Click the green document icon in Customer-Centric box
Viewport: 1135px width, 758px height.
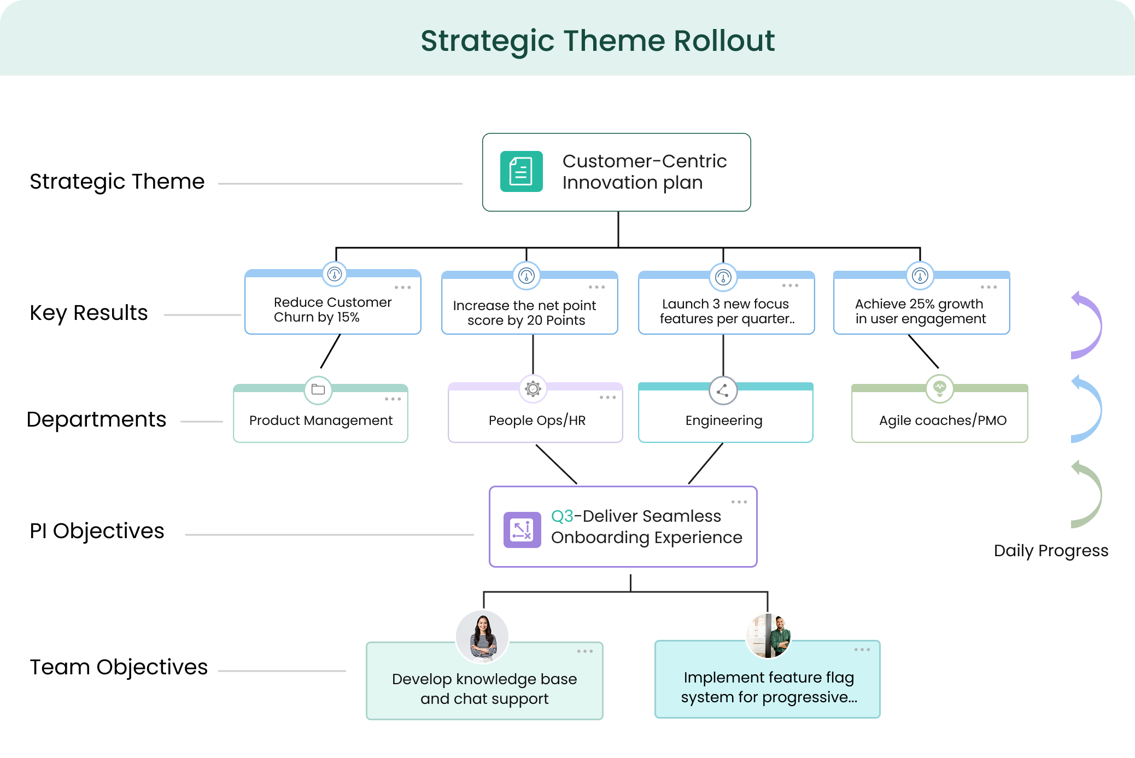coord(521,172)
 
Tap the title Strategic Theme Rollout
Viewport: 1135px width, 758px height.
coord(597,41)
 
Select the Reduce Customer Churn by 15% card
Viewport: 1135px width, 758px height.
coord(332,310)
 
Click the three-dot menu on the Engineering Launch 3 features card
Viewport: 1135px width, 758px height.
coord(790,285)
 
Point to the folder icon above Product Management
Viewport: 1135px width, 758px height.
coord(318,390)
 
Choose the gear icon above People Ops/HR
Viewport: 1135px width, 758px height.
coord(533,389)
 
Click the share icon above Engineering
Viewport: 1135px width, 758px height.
coord(723,390)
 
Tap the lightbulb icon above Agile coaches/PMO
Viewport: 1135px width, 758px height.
coord(939,389)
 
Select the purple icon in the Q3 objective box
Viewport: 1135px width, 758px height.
coord(522,529)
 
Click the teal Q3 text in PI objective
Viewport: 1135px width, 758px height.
coord(562,516)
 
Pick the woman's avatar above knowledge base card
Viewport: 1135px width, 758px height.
coord(482,636)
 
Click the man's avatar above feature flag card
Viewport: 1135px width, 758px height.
coord(768,635)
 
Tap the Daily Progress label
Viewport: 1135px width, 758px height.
coord(1051,551)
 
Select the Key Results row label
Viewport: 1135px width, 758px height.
coord(89,313)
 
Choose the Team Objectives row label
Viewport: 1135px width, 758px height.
coord(119,667)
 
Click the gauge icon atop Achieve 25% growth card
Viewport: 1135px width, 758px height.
coord(920,276)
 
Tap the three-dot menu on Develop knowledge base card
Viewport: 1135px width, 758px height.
coord(584,651)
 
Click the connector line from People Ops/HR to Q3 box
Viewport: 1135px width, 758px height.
coord(556,464)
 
